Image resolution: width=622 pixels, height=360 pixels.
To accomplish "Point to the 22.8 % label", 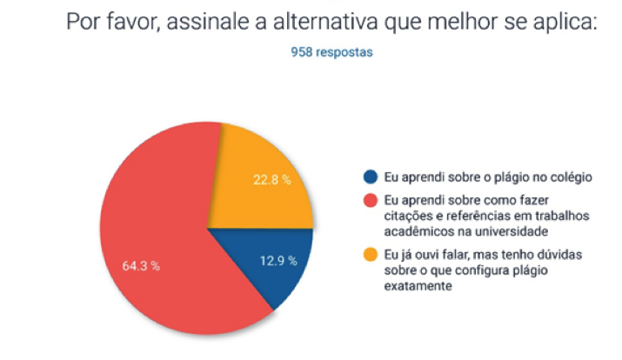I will (271, 180).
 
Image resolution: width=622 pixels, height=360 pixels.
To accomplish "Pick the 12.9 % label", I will (279, 260).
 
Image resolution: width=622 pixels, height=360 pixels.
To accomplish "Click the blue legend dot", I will (371, 177).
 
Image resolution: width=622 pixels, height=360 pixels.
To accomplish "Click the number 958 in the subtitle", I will (302, 52).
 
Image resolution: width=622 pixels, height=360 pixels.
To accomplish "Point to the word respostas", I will (344, 52).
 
